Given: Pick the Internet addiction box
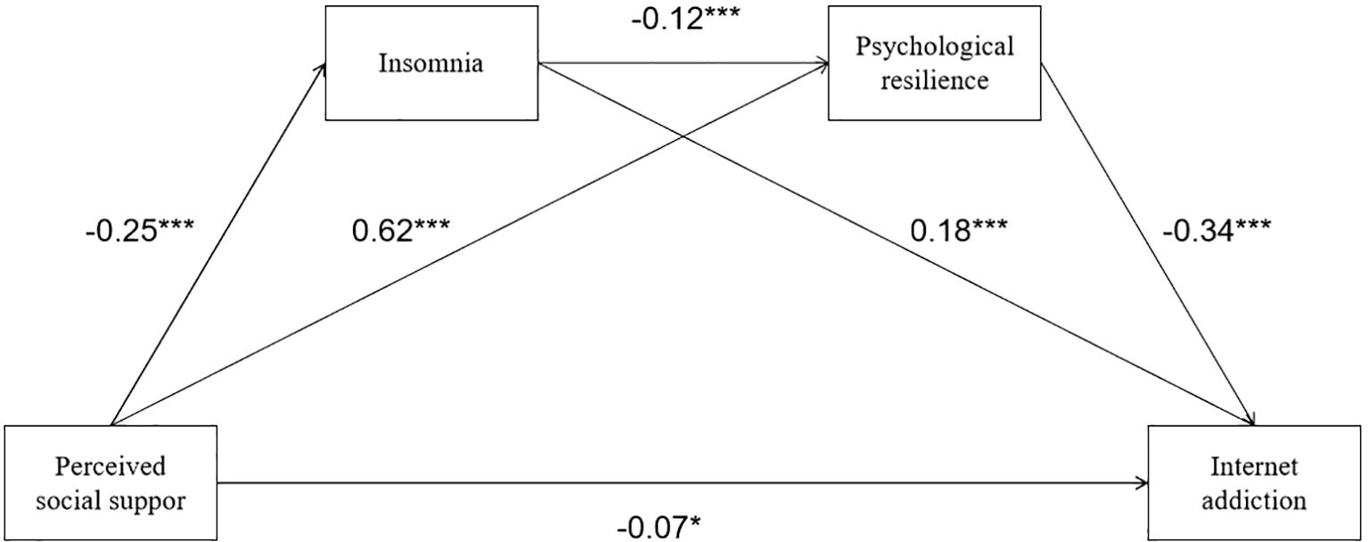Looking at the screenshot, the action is [x=1255, y=483].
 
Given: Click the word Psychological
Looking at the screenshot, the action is [x=934, y=46].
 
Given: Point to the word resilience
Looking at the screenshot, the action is [x=933, y=80].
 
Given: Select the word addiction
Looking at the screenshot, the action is [x=1254, y=500].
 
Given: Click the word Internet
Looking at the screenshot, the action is [x=1254, y=467].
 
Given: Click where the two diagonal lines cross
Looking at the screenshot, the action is [x=683, y=136].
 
